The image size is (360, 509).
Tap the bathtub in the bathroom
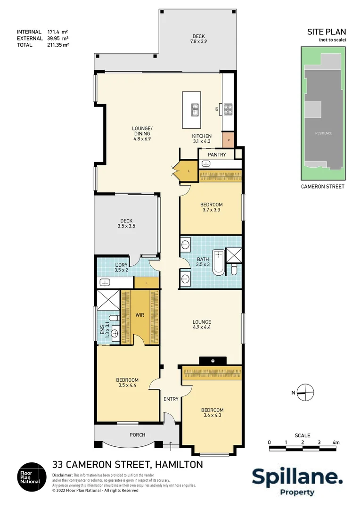pyautogui.click(x=218, y=262)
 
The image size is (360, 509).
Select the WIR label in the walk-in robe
pyautogui.click(x=139, y=314)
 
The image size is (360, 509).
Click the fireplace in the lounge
pyautogui.click(x=213, y=361)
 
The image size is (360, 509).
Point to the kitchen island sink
pyautogui.click(x=195, y=110)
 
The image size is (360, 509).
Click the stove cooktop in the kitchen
pyautogui.click(x=228, y=109)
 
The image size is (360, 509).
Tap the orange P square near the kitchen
pyautogui.click(x=229, y=140)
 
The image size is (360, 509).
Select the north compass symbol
pyautogui.click(x=305, y=392)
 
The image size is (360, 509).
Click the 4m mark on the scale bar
pyautogui.click(x=335, y=443)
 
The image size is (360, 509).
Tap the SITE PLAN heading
pyautogui.click(x=327, y=32)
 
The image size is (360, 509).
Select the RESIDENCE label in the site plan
pyautogui.click(x=324, y=133)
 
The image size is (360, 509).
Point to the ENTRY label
pyautogui.click(x=171, y=399)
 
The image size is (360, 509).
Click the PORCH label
pyautogui.click(x=137, y=435)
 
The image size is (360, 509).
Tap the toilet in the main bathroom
pyautogui.click(x=234, y=269)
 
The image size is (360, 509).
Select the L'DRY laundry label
pyautogui.click(x=122, y=265)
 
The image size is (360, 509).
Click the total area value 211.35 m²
pyautogui.click(x=57, y=45)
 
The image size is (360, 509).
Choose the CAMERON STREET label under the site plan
pyautogui.click(x=323, y=187)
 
